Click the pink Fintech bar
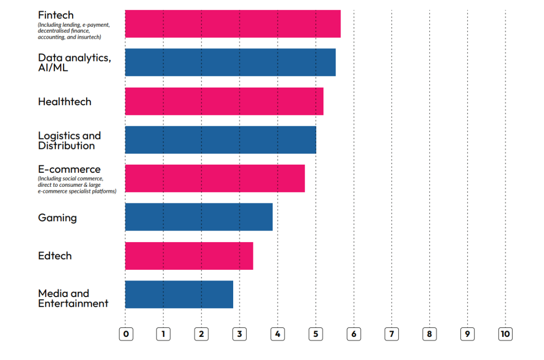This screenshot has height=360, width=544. pos(233,24)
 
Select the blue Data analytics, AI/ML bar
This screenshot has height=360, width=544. pos(230,62)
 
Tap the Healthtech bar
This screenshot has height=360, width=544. pos(224,101)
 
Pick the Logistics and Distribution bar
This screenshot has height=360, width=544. pos(221,139)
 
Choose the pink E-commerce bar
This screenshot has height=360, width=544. pos(215,178)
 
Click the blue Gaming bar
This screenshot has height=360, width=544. pos(198,217)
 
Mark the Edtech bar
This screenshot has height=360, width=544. pos(189,256)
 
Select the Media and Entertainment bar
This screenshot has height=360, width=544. pos(179,295)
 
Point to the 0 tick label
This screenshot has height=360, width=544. pos(125,334)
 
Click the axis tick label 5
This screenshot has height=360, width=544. pos(316,334)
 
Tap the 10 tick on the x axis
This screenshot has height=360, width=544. pos(505,334)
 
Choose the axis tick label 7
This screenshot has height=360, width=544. pos(391,334)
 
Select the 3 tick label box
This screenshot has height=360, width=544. pos(239,334)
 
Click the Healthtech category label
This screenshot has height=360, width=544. pos(64,102)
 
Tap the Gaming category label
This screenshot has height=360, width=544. pos(57,218)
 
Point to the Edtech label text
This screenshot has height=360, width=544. pos(55,256)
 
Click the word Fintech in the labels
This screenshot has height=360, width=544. pos(56,15)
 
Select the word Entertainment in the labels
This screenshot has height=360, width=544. pos(73,304)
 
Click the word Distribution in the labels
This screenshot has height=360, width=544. pos(66,146)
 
